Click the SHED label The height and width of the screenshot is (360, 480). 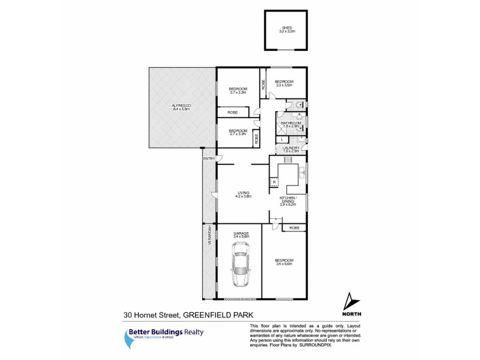[x=286, y=29]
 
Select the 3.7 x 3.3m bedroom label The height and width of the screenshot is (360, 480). [x=238, y=91]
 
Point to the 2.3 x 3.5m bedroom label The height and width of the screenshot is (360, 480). [x=284, y=83]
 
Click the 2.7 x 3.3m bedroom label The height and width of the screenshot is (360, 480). [x=238, y=133]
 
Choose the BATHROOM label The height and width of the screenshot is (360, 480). [x=291, y=124]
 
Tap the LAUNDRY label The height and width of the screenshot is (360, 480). [x=291, y=149]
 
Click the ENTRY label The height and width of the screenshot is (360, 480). [x=209, y=158]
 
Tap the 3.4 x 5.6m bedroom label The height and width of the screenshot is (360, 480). [x=284, y=262]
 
